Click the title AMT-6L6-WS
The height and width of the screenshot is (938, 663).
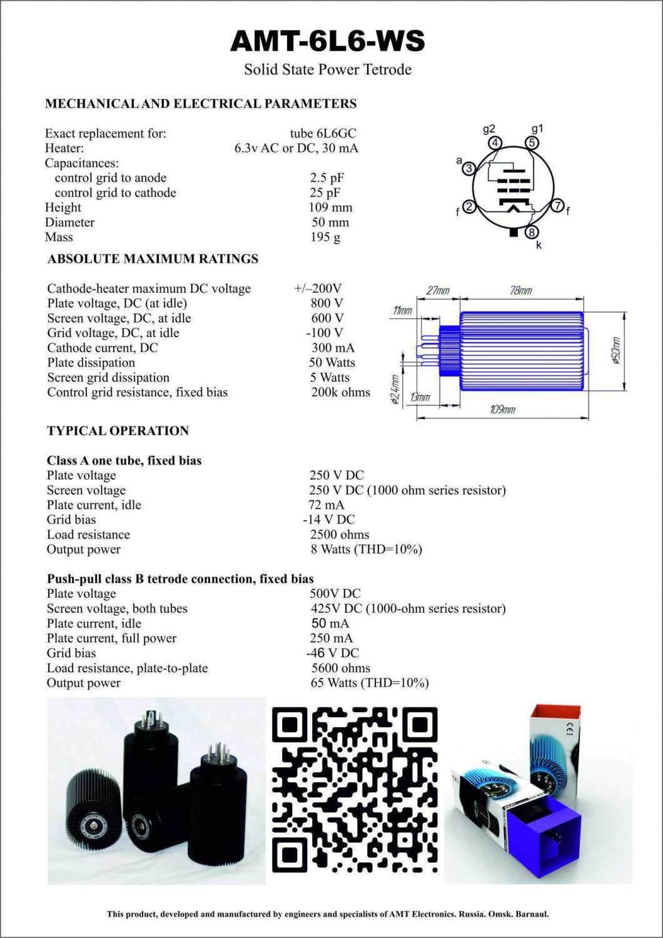point(328,41)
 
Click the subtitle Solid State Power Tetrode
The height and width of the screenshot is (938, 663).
point(328,69)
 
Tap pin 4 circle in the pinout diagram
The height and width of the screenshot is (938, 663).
point(495,143)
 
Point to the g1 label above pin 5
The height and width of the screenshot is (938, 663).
point(537,129)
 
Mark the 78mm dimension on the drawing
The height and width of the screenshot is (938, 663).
point(521,291)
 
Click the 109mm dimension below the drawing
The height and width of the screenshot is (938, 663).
point(502,410)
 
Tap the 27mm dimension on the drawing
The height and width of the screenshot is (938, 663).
point(438,291)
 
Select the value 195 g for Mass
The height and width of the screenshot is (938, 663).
point(325,238)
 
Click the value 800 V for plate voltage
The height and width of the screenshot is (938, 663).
point(327,303)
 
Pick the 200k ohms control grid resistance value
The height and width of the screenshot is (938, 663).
point(340,393)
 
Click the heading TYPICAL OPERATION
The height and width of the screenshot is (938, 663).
point(118,431)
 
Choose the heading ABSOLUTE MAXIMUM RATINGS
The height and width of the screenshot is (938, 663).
point(153,259)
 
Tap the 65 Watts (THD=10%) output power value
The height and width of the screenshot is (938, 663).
point(369,683)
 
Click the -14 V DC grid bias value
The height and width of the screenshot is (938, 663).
point(329,520)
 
